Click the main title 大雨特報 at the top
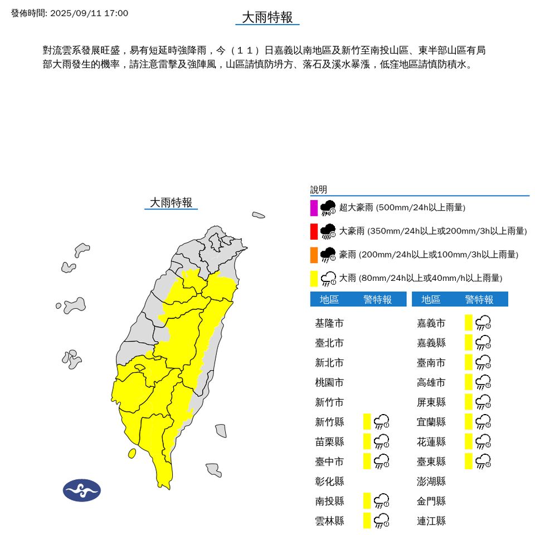click(267, 17)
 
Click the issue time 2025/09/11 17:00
click(70, 13)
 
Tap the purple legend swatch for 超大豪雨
click(314, 208)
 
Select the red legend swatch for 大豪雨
click(314, 231)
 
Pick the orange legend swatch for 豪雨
click(314, 255)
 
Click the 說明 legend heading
click(319, 190)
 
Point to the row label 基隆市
click(329, 323)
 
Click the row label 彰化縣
click(329, 481)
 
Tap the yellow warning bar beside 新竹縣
click(367, 422)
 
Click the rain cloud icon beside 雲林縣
click(382, 521)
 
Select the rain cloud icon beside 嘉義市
click(483, 323)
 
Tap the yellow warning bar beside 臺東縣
click(469, 461)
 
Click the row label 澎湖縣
click(431, 481)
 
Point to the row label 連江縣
click(431, 521)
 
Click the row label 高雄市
click(431, 382)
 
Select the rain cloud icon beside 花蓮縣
click(483, 441)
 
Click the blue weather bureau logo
click(82, 490)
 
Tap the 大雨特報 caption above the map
click(171, 203)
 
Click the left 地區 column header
click(329, 300)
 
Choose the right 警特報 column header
click(479, 300)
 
